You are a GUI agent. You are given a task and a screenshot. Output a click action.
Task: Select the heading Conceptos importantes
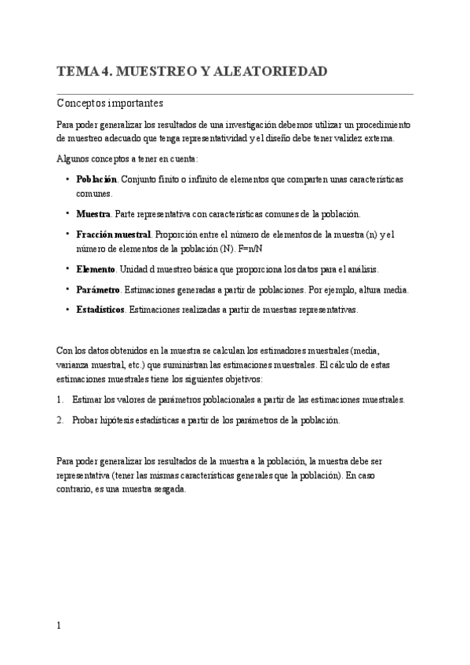(110, 103)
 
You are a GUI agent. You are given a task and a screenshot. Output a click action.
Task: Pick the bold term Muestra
(93, 213)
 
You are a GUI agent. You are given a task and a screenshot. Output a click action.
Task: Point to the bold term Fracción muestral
(114, 234)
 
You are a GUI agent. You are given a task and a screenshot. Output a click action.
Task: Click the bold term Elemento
(96, 269)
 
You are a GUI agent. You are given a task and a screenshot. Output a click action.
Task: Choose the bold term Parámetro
(98, 289)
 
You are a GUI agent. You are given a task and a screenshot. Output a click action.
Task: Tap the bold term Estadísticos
(100, 310)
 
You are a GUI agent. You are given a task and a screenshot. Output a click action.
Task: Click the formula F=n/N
(248, 248)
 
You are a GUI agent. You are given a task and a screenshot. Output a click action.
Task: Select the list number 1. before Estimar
(60, 399)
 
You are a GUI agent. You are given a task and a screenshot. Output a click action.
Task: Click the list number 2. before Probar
(60, 420)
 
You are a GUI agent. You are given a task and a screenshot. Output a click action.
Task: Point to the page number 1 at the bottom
(60, 626)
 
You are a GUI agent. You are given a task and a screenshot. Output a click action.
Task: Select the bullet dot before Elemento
(68, 269)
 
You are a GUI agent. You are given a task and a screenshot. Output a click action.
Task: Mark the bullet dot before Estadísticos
(68, 310)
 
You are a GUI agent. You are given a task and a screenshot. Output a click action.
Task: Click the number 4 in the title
(104, 72)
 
